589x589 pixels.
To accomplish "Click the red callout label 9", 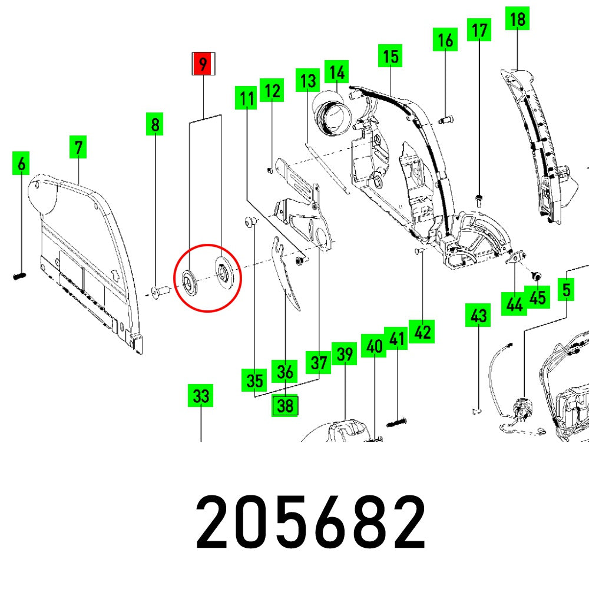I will [203, 64].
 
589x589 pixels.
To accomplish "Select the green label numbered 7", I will [78, 147].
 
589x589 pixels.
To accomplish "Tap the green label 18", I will [517, 19].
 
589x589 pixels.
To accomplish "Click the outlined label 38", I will [285, 406].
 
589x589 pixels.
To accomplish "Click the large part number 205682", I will [311, 521].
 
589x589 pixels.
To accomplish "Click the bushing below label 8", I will [158, 290].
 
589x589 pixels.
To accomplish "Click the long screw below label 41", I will [398, 422].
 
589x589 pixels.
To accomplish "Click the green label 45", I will [537, 297].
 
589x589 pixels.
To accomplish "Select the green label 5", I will [566, 289].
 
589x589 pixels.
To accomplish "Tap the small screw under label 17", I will [478, 198].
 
